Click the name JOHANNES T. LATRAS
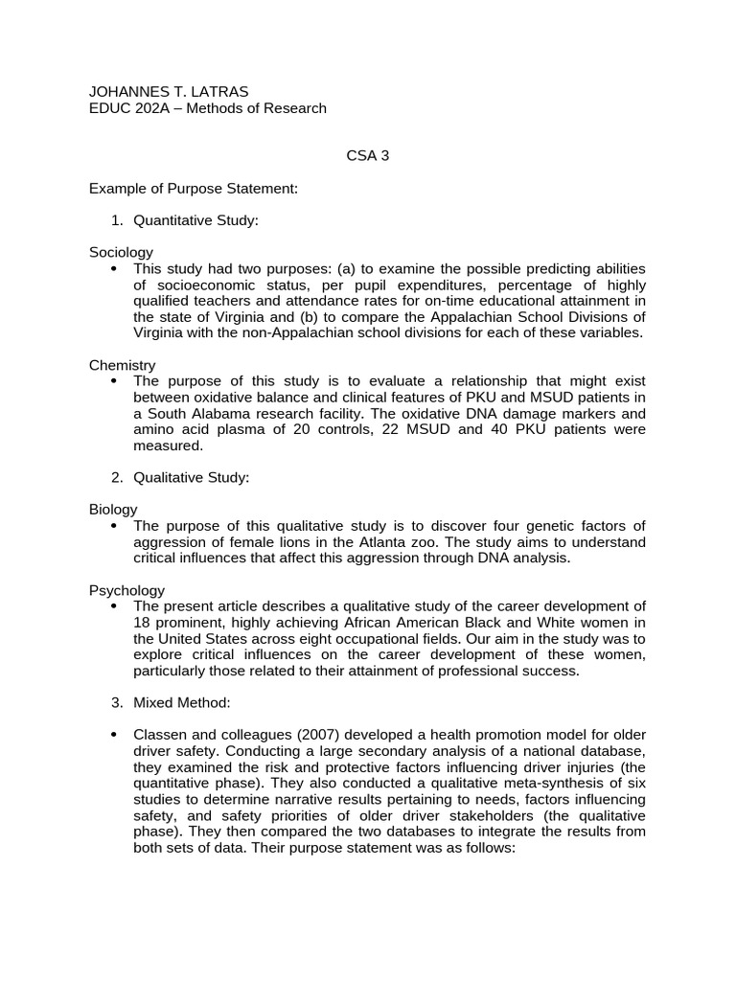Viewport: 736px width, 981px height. (169, 91)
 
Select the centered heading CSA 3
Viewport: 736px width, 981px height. (367, 156)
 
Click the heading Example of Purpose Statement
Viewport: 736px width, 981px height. (194, 189)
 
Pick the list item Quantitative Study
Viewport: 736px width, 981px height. (196, 221)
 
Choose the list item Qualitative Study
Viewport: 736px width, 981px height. (191, 477)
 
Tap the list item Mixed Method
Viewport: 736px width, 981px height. (182, 702)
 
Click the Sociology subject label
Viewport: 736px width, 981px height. (121, 252)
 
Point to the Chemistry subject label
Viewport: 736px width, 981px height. (122, 365)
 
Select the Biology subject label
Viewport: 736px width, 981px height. (113, 509)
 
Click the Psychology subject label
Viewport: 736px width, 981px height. (126, 590)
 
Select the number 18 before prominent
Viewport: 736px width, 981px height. (142, 623)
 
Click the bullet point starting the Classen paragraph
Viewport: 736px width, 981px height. (114, 735)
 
